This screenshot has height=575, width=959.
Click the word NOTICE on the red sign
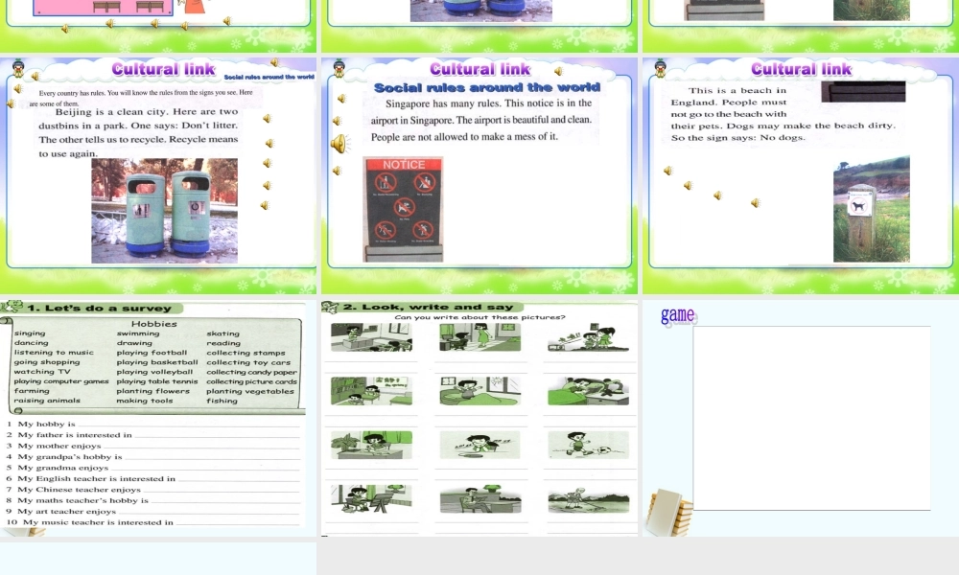403,165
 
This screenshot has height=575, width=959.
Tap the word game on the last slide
677,315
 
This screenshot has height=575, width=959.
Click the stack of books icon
668,512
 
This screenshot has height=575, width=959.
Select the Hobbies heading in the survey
153,324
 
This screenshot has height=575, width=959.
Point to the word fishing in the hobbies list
222,401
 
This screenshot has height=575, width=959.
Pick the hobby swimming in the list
138,333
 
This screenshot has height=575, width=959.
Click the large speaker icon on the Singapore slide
339,144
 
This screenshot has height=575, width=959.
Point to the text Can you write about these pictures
479,317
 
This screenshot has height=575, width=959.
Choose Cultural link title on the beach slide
801,69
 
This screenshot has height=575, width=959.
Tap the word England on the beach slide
693,103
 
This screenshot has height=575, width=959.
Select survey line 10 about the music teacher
91,522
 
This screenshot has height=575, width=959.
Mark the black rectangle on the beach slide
863,92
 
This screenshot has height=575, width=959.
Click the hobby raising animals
47,401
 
